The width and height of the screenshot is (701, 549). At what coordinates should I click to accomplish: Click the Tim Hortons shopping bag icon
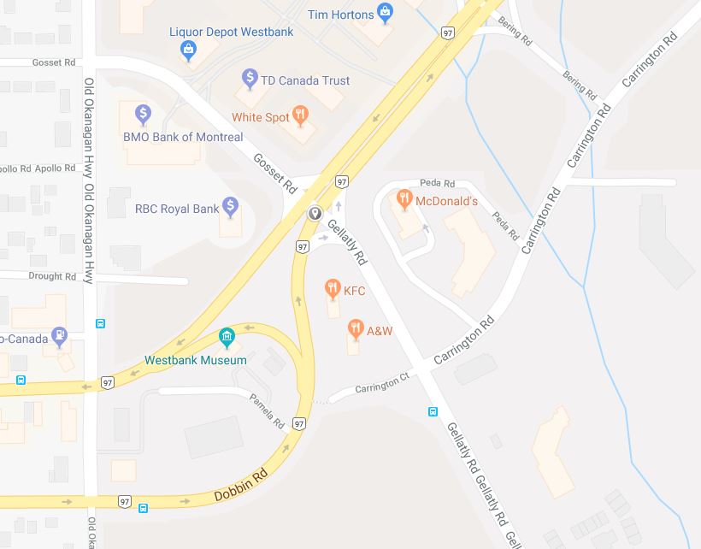click(x=386, y=13)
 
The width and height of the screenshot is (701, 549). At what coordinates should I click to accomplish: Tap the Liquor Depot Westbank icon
click(x=188, y=50)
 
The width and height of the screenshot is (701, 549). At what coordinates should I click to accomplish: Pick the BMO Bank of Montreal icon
click(x=144, y=113)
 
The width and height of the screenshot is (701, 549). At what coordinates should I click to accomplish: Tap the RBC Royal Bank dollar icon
click(x=230, y=206)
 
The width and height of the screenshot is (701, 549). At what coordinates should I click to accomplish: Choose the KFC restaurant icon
click(x=333, y=290)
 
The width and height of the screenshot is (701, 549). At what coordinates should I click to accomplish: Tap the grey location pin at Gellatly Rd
click(x=315, y=213)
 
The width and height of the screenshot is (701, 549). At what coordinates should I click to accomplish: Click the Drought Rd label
click(x=52, y=276)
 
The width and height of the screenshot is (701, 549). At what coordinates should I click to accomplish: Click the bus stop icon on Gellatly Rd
click(x=433, y=411)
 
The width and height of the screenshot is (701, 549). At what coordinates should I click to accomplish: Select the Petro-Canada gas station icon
click(x=59, y=334)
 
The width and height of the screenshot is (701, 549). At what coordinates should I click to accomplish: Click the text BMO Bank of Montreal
click(x=183, y=137)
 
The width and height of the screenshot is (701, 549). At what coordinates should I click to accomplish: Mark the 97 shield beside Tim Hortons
click(x=448, y=32)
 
